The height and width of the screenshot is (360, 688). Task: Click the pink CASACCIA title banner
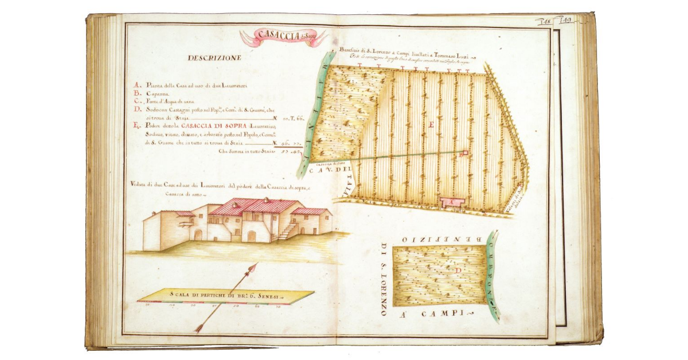(x=283, y=37)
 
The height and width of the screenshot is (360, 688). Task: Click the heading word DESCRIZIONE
(x=214, y=58)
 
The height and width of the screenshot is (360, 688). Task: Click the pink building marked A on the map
(x=451, y=202)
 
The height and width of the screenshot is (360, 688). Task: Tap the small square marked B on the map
(x=465, y=153)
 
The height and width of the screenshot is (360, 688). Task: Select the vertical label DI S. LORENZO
(x=384, y=280)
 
